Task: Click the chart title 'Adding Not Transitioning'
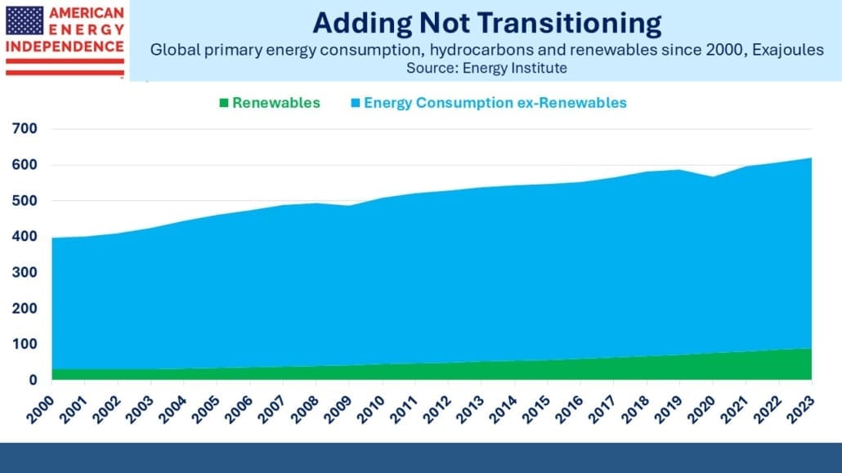[x=486, y=24]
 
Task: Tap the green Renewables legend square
[x=224, y=103]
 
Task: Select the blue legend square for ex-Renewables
[x=356, y=103]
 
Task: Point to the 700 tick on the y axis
[x=25, y=128]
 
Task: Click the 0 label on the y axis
[x=34, y=380]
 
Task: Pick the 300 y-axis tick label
[x=25, y=272]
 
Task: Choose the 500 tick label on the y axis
[x=25, y=200]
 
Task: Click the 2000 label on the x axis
[x=40, y=409]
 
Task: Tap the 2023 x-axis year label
[x=800, y=409]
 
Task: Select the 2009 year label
[x=338, y=409]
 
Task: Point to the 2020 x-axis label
[x=701, y=409]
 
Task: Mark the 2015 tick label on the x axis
[x=536, y=409]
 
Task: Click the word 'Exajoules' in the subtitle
[x=788, y=50]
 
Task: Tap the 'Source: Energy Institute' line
[x=486, y=68]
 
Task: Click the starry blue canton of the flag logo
[x=25, y=20]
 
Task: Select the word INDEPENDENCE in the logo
[x=65, y=47]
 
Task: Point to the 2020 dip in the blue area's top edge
[x=713, y=177]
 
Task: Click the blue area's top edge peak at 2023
[x=811, y=158]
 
